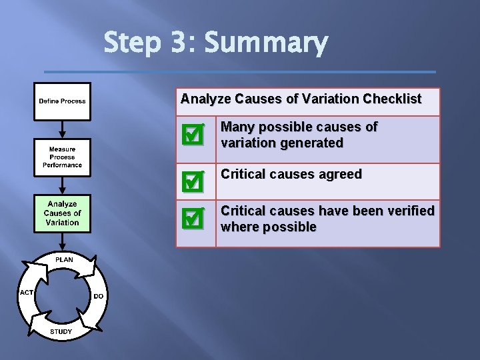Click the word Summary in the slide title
tap(266, 44)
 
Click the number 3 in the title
tap(178, 44)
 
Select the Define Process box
tap(62, 101)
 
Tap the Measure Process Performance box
tap(62, 157)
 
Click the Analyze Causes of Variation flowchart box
tap(62, 213)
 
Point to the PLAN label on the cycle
tap(64, 259)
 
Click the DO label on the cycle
tap(99, 296)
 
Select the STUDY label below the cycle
tap(61, 331)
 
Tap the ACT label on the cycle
tap(27, 293)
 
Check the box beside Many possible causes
tap(192, 136)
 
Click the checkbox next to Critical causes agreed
tap(192, 181)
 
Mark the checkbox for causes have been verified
tap(192, 219)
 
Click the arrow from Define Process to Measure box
tap(62, 128)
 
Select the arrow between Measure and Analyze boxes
tap(62, 185)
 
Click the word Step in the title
tap(132, 44)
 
